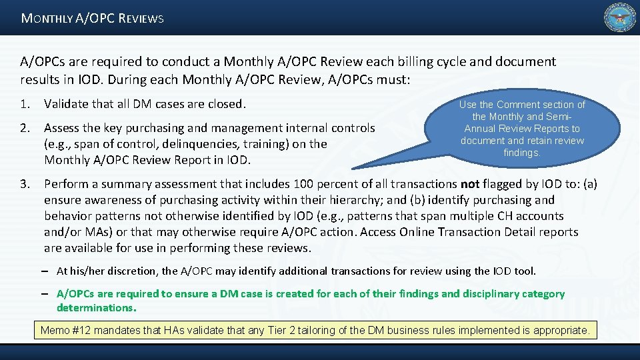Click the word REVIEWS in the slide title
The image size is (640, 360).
pyautogui.click(x=141, y=19)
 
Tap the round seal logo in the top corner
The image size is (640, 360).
pyautogui.click(x=619, y=18)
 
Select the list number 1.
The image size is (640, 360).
pyautogui.click(x=24, y=104)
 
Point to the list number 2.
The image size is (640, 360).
pyautogui.click(x=24, y=128)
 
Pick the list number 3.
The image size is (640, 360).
pyautogui.click(x=24, y=184)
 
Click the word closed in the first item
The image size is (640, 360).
pyautogui.click(x=225, y=104)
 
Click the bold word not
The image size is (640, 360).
pyautogui.click(x=470, y=184)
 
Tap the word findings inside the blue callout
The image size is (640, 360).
pyautogui.click(x=521, y=153)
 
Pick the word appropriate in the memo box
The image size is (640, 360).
pyautogui.click(x=561, y=330)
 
